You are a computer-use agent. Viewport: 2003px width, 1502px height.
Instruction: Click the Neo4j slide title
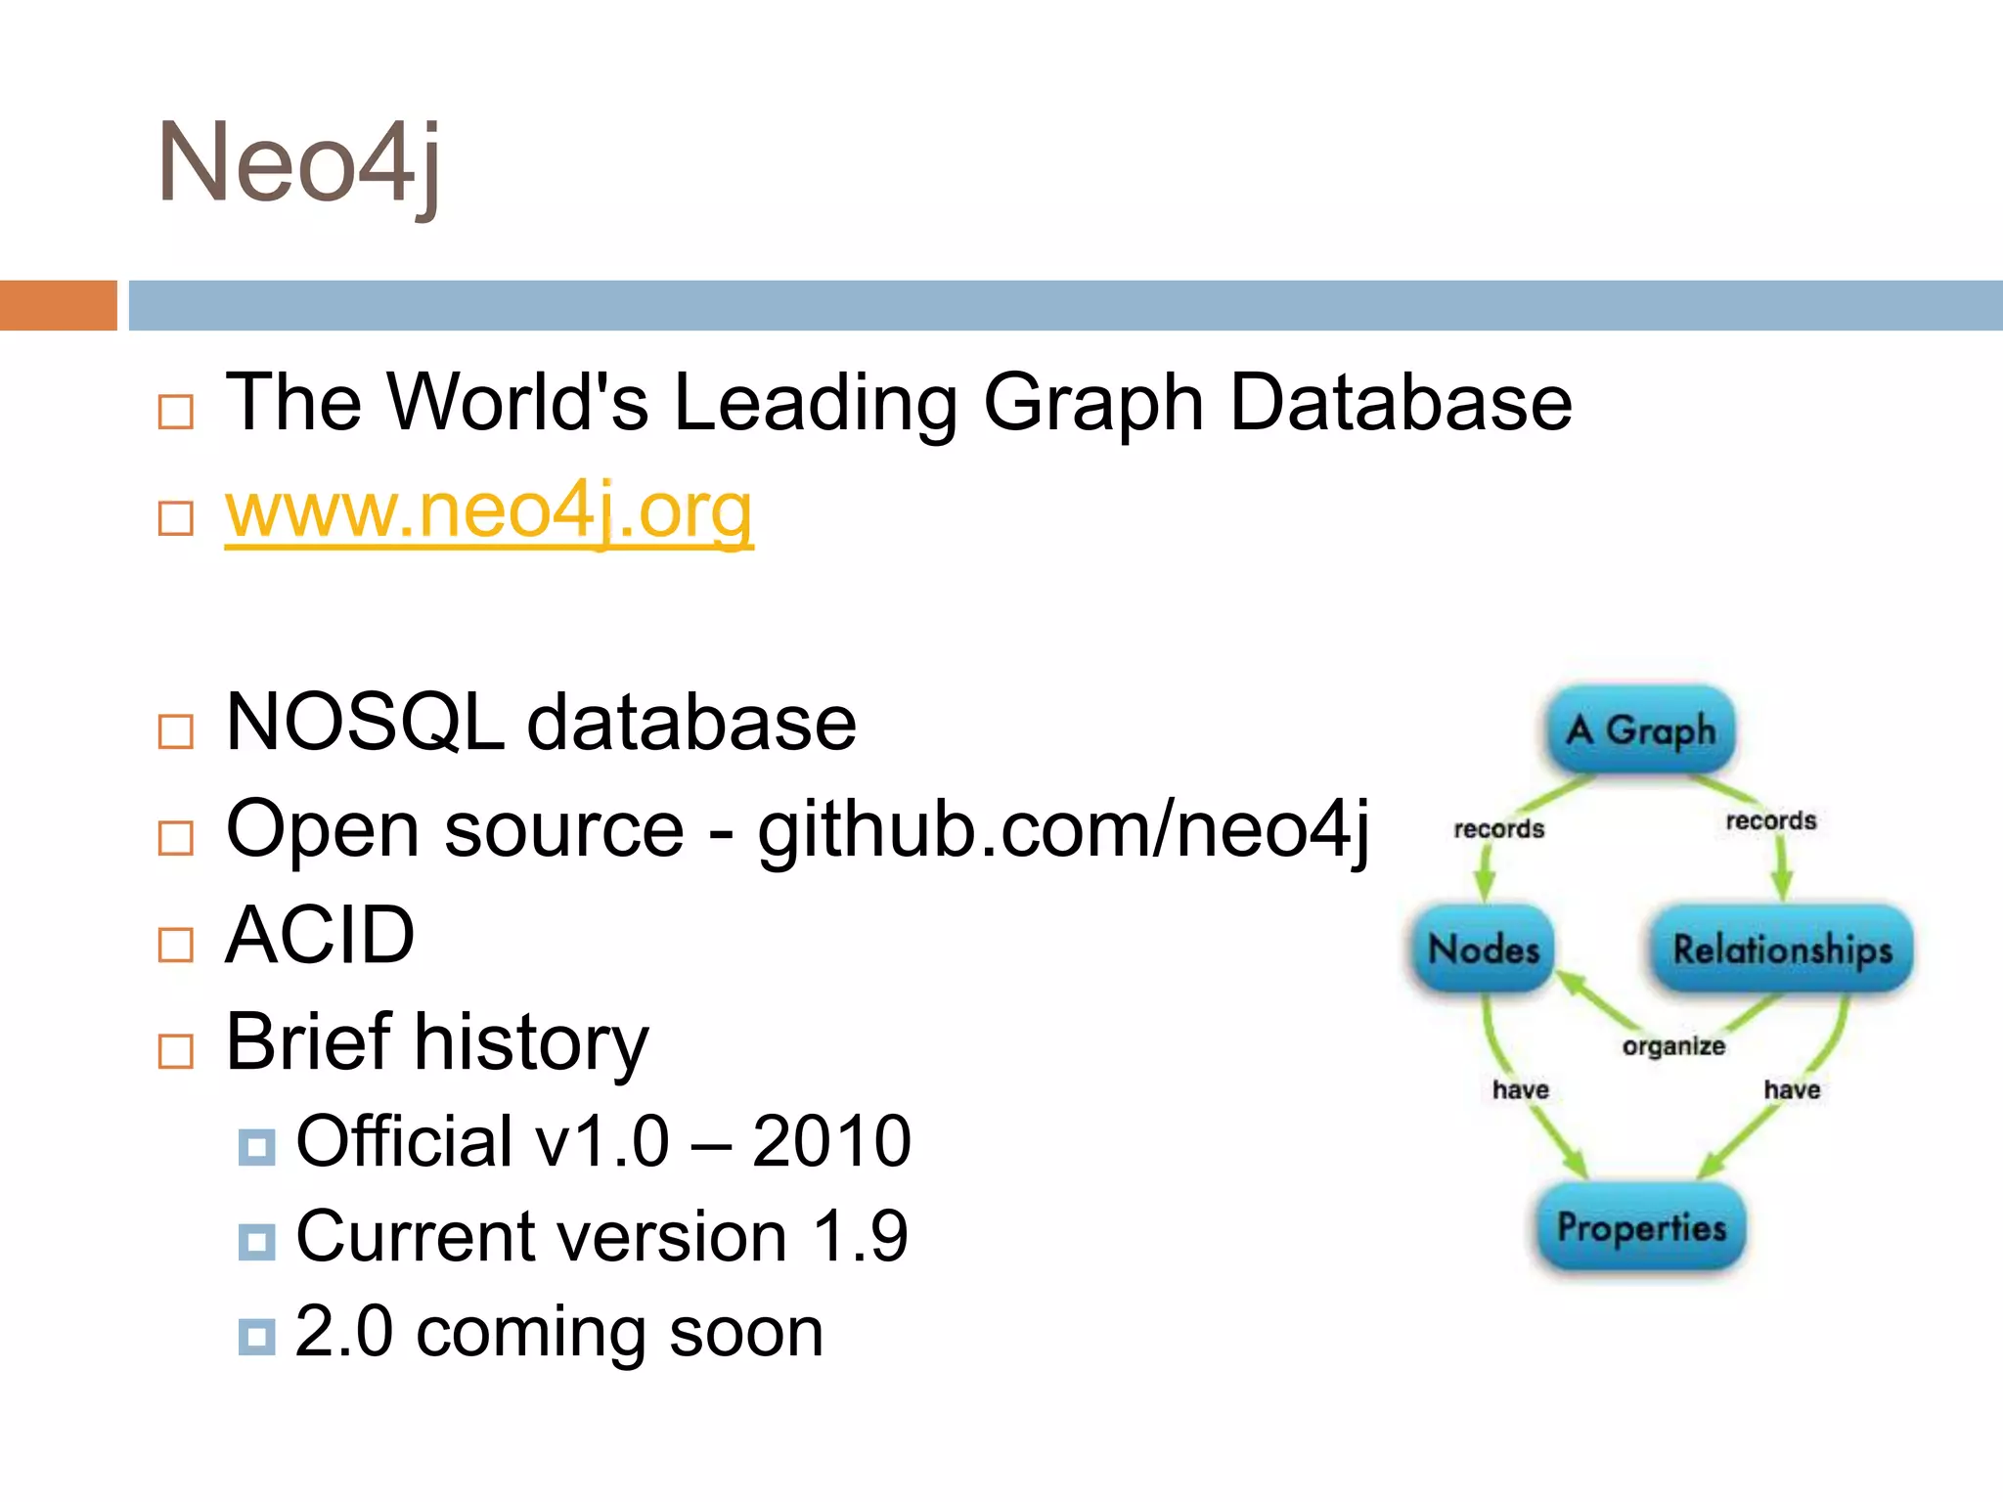(298, 163)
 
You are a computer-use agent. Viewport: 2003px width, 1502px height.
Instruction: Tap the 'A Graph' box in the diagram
(1641, 730)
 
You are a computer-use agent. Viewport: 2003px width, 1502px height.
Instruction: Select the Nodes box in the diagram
(1484, 950)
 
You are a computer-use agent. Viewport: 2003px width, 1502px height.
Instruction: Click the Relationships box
(1782, 950)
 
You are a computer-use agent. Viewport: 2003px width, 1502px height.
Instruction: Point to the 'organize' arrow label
(1673, 1046)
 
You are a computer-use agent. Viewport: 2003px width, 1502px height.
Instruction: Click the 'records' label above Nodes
(1498, 829)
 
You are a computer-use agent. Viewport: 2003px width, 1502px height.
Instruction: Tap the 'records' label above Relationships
(1770, 820)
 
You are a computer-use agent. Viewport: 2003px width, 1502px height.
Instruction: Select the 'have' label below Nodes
(1520, 1089)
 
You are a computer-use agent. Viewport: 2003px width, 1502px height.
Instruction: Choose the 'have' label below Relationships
(1792, 1089)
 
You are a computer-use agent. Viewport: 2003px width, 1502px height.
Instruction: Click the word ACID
(320, 936)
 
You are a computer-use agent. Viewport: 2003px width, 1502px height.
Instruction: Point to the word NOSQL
(365, 723)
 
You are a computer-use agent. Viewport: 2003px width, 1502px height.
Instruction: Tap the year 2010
(831, 1141)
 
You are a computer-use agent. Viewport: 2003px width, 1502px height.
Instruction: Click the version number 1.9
(861, 1237)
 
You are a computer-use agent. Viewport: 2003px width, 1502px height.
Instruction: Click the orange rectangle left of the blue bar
(58, 305)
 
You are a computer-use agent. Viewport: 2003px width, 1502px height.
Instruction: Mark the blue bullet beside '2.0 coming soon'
(256, 1337)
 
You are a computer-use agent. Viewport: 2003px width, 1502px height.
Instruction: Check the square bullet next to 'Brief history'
(176, 1051)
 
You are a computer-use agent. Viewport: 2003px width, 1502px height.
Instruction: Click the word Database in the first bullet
(1401, 403)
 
